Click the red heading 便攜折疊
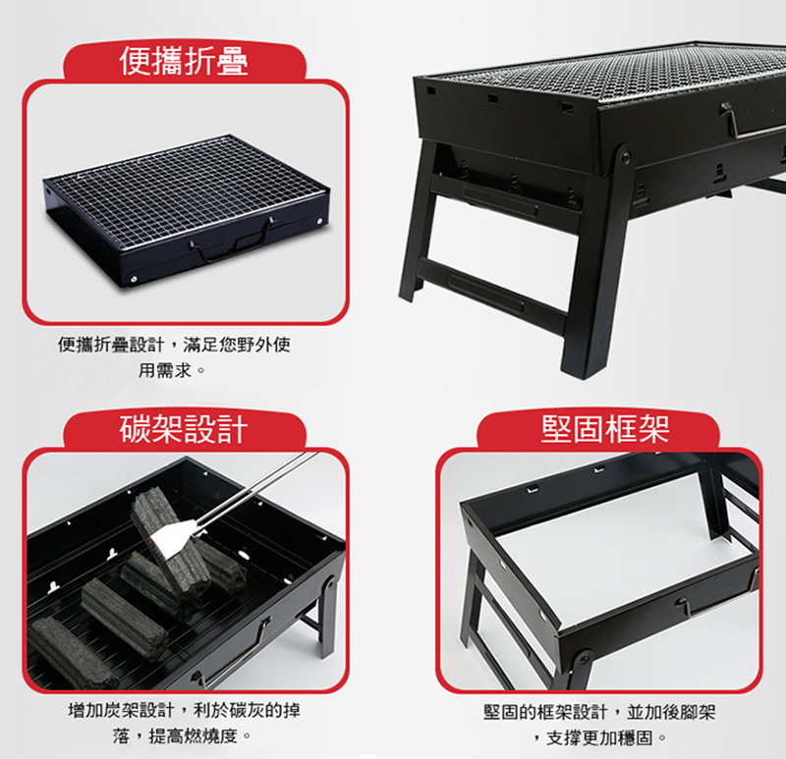click(184, 61)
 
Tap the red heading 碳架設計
click(184, 429)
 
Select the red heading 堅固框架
click(605, 429)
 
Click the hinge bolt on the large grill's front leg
click(625, 158)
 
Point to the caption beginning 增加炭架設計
click(184, 710)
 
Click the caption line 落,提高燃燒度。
click(182, 736)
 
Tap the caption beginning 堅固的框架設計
click(599, 712)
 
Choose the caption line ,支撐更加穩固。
click(599, 737)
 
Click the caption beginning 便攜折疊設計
click(174, 345)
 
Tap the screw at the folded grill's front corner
click(134, 279)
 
